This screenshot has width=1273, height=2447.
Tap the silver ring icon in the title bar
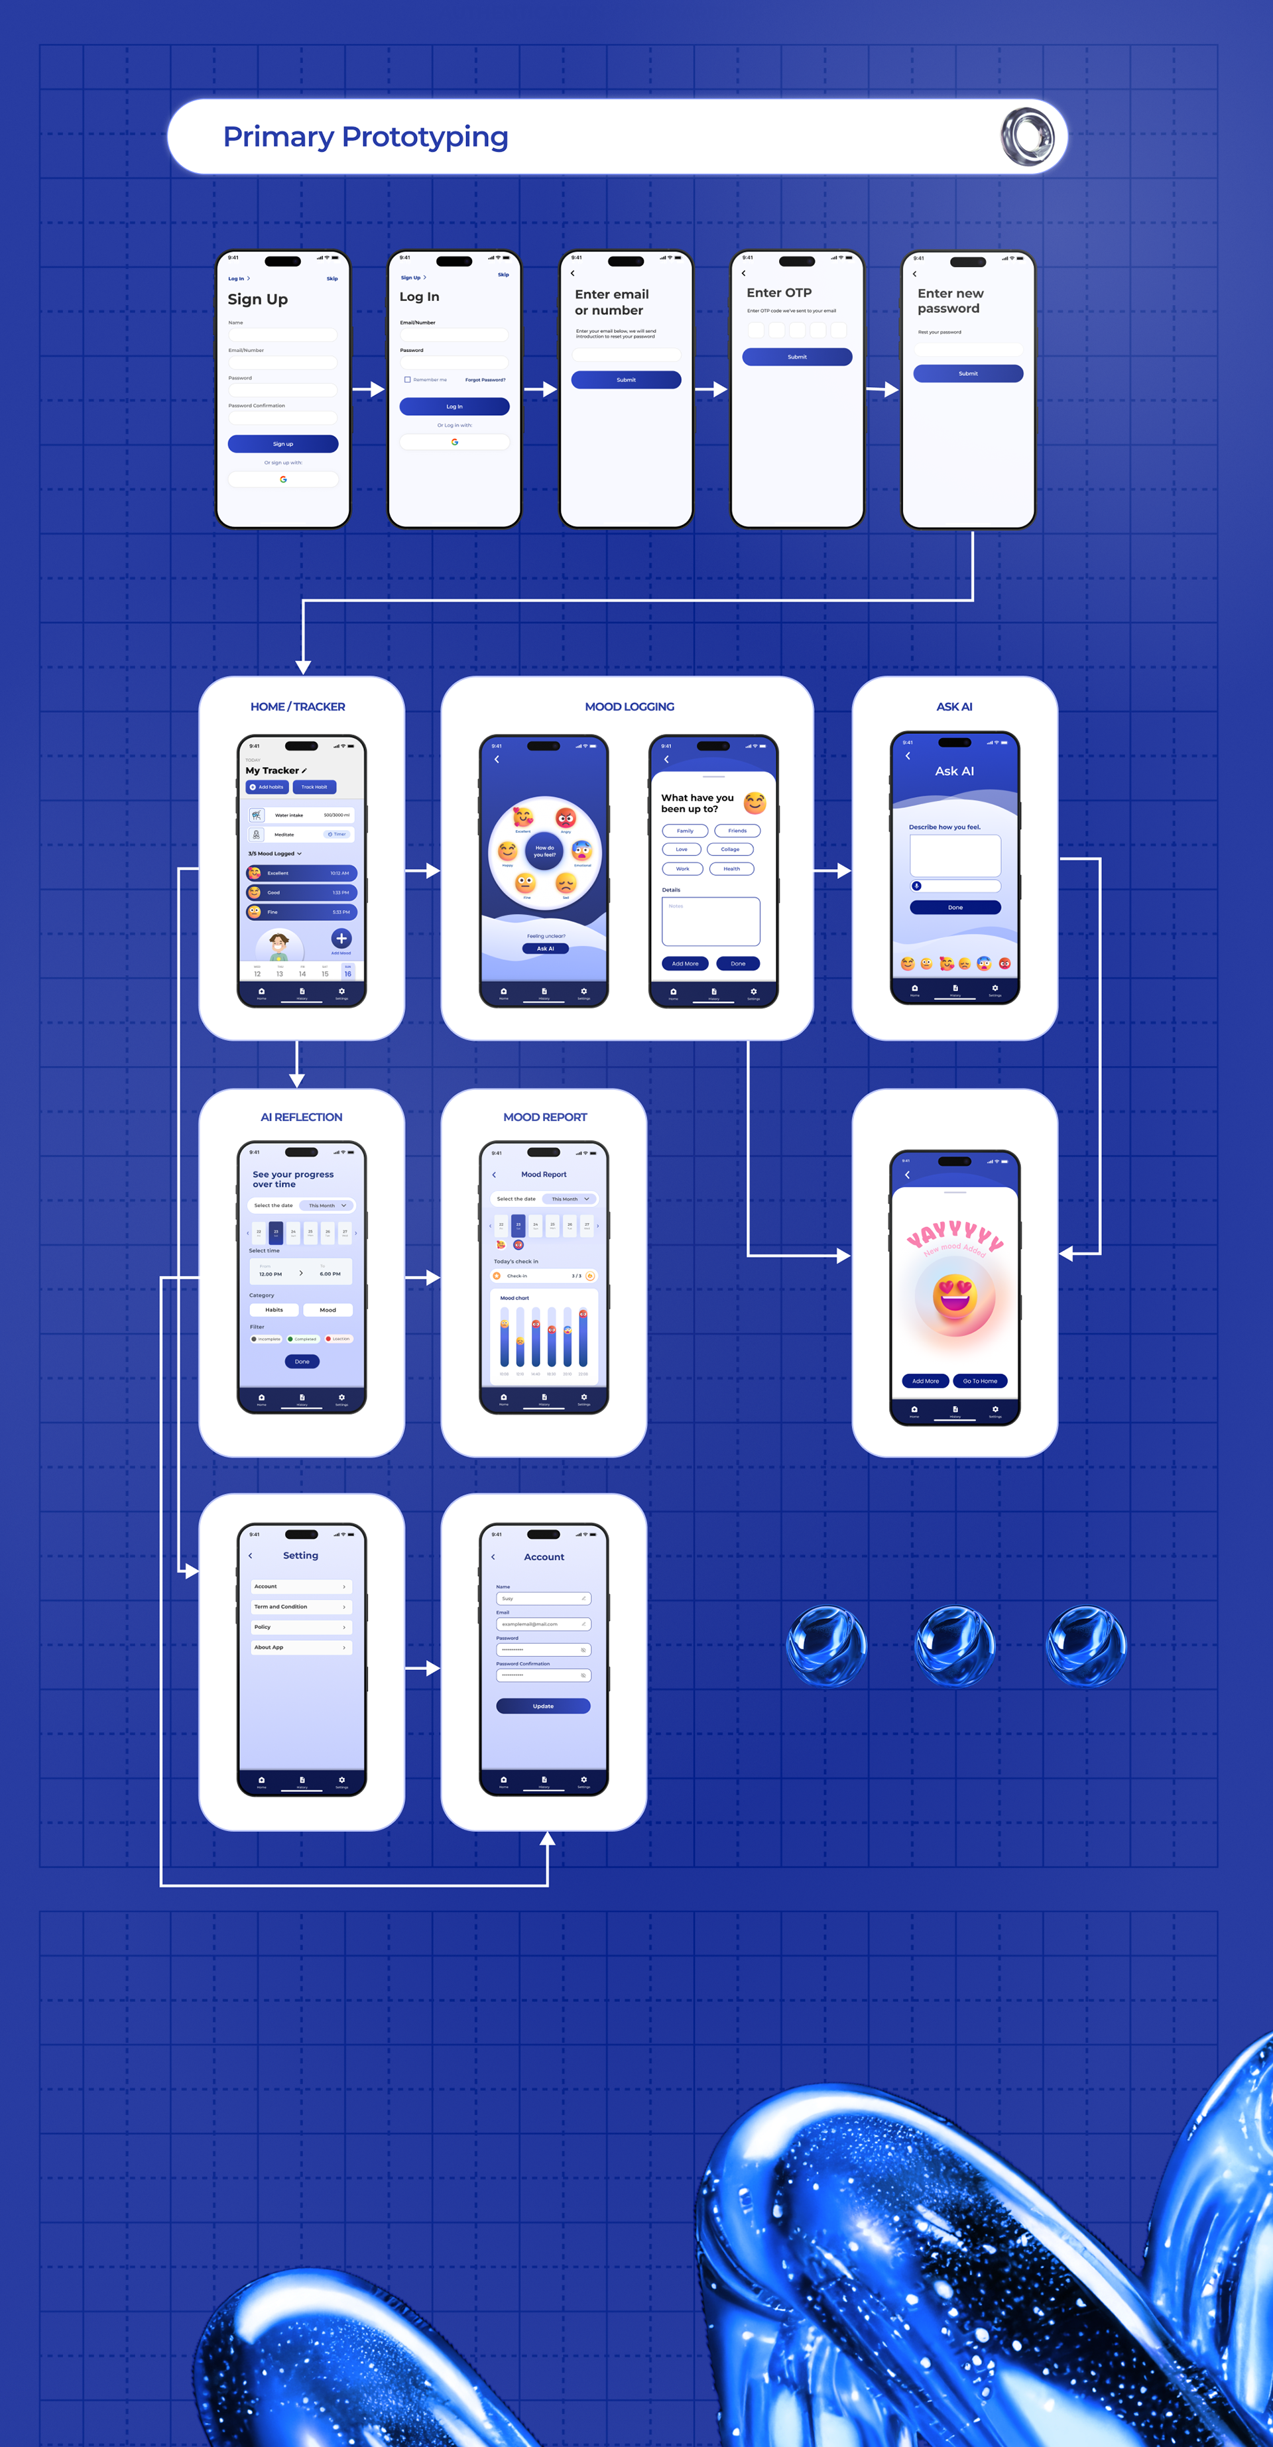[x=1027, y=137]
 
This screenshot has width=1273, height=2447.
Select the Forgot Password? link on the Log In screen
[x=485, y=380]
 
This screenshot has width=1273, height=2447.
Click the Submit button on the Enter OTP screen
[x=796, y=357]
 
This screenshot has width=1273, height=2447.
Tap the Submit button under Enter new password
[x=967, y=373]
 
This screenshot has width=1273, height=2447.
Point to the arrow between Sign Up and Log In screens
[x=368, y=388]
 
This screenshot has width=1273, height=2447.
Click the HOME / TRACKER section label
[x=297, y=707]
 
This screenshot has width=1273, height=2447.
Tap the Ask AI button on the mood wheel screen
[x=544, y=948]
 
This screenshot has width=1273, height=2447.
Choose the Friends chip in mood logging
[x=737, y=830]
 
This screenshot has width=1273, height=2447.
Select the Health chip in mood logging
[x=731, y=868]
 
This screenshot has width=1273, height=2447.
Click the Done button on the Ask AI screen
[x=955, y=907]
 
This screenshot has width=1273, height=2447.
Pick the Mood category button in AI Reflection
[x=328, y=1310]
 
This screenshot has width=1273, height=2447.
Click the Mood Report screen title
[x=544, y=1174]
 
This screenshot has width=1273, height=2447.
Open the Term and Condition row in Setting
[x=301, y=1606]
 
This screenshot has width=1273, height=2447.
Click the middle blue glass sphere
[x=954, y=1645]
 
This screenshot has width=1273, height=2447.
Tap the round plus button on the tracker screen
[x=341, y=939]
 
